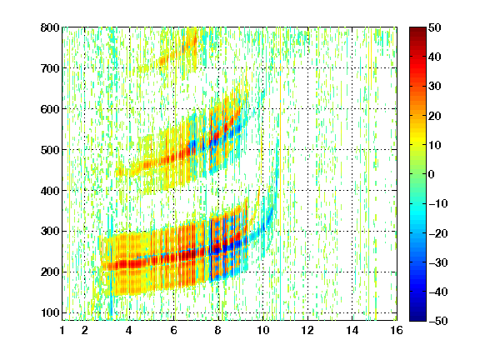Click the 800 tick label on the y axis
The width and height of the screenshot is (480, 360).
click(x=50, y=27)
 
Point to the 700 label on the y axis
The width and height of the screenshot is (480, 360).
click(x=50, y=68)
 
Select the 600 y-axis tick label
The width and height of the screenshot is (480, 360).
click(x=50, y=109)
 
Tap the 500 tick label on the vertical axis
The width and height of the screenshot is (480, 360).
click(x=50, y=150)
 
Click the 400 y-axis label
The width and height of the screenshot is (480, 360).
click(x=50, y=191)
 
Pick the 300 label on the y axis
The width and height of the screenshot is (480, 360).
click(x=50, y=231)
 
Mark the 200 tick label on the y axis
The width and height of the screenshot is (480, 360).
click(x=50, y=272)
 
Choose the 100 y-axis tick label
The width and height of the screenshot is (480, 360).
click(x=50, y=312)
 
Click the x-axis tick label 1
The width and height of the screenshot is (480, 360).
click(x=62, y=330)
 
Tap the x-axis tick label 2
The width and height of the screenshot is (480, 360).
click(x=85, y=330)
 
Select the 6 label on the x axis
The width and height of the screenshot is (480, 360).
click(x=174, y=330)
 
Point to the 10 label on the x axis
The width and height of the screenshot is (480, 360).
click(x=262, y=330)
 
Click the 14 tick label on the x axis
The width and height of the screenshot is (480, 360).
click(x=352, y=330)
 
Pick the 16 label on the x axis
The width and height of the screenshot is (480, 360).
click(x=397, y=330)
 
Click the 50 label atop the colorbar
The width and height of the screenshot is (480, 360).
click(x=435, y=27)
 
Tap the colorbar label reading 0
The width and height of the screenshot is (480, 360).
click(x=432, y=174)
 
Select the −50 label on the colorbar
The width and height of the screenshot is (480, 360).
click(x=438, y=321)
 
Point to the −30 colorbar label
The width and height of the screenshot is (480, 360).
click(x=438, y=262)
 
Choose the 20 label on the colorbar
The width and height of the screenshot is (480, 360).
click(x=435, y=116)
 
